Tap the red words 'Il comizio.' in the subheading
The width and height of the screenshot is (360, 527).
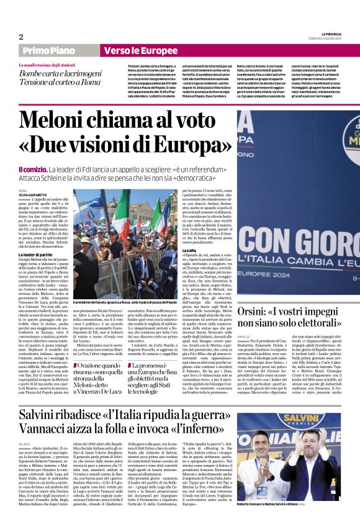32,169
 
